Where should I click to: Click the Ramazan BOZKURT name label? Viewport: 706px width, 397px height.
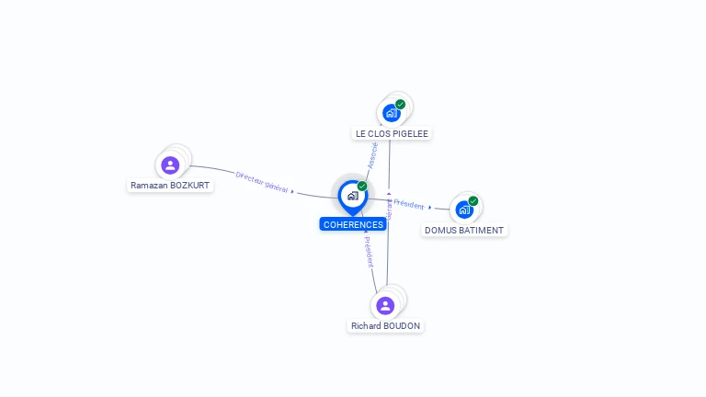(x=170, y=185)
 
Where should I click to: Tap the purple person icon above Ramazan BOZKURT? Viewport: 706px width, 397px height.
(x=170, y=165)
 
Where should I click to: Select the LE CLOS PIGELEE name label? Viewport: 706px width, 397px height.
(x=392, y=133)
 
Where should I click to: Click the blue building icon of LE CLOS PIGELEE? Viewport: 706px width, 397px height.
(x=392, y=114)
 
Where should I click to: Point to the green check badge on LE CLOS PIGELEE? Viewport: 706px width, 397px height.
(x=401, y=104)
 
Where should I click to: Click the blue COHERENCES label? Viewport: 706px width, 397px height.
(x=353, y=224)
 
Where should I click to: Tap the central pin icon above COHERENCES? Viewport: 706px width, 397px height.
(x=352, y=196)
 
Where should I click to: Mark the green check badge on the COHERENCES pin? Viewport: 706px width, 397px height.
(x=362, y=187)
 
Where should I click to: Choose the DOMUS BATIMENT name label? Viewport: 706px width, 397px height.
(x=464, y=230)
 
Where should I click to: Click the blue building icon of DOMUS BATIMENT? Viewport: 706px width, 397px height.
(x=464, y=210)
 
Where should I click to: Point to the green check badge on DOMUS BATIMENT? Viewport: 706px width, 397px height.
(x=473, y=201)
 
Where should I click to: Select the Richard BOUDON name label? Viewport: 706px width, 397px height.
(x=386, y=325)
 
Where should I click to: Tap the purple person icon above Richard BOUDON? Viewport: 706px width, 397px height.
(x=386, y=305)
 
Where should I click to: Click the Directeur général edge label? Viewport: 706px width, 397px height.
(x=262, y=182)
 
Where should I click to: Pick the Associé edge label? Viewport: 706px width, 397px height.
(x=372, y=154)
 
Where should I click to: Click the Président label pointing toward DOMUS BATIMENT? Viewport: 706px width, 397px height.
(x=409, y=205)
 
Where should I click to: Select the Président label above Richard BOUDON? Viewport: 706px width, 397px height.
(x=369, y=251)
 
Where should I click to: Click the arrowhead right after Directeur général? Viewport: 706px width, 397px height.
(x=292, y=191)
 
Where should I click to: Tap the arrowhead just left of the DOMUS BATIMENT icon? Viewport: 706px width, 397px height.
(x=430, y=208)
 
